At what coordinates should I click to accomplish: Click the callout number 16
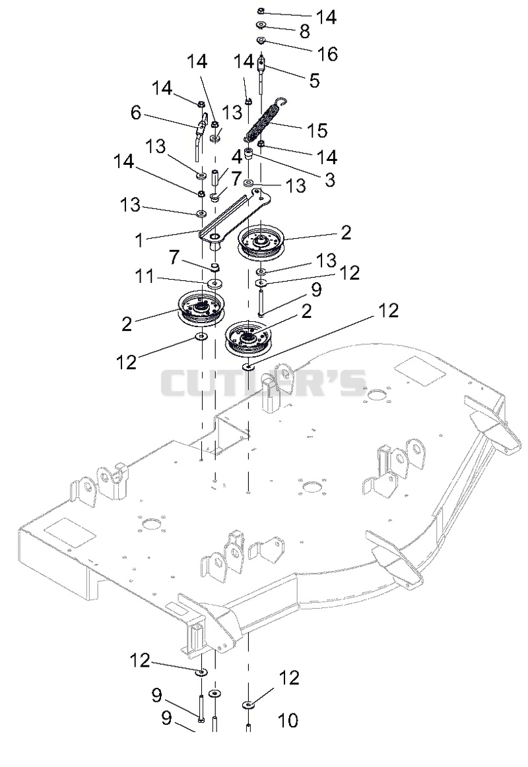click(x=328, y=54)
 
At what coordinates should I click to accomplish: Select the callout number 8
click(x=304, y=32)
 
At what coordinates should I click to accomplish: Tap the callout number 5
click(x=314, y=80)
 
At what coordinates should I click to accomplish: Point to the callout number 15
click(x=317, y=131)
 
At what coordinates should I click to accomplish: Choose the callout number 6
click(x=135, y=113)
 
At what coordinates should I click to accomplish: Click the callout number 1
click(x=139, y=240)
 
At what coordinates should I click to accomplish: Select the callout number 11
click(x=145, y=277)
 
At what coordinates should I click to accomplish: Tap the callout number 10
click(x=288, y=720)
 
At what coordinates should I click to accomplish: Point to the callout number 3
click(x=330, y=179)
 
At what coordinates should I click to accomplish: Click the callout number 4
click(x=237, y=157)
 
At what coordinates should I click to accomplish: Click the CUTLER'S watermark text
click(x=264, y=383)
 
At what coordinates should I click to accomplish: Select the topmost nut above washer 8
click(x=261, y=11)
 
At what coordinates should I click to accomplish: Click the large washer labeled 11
click(x=214, y=283)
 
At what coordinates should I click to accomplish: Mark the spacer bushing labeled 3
click(x=248, y=154)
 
